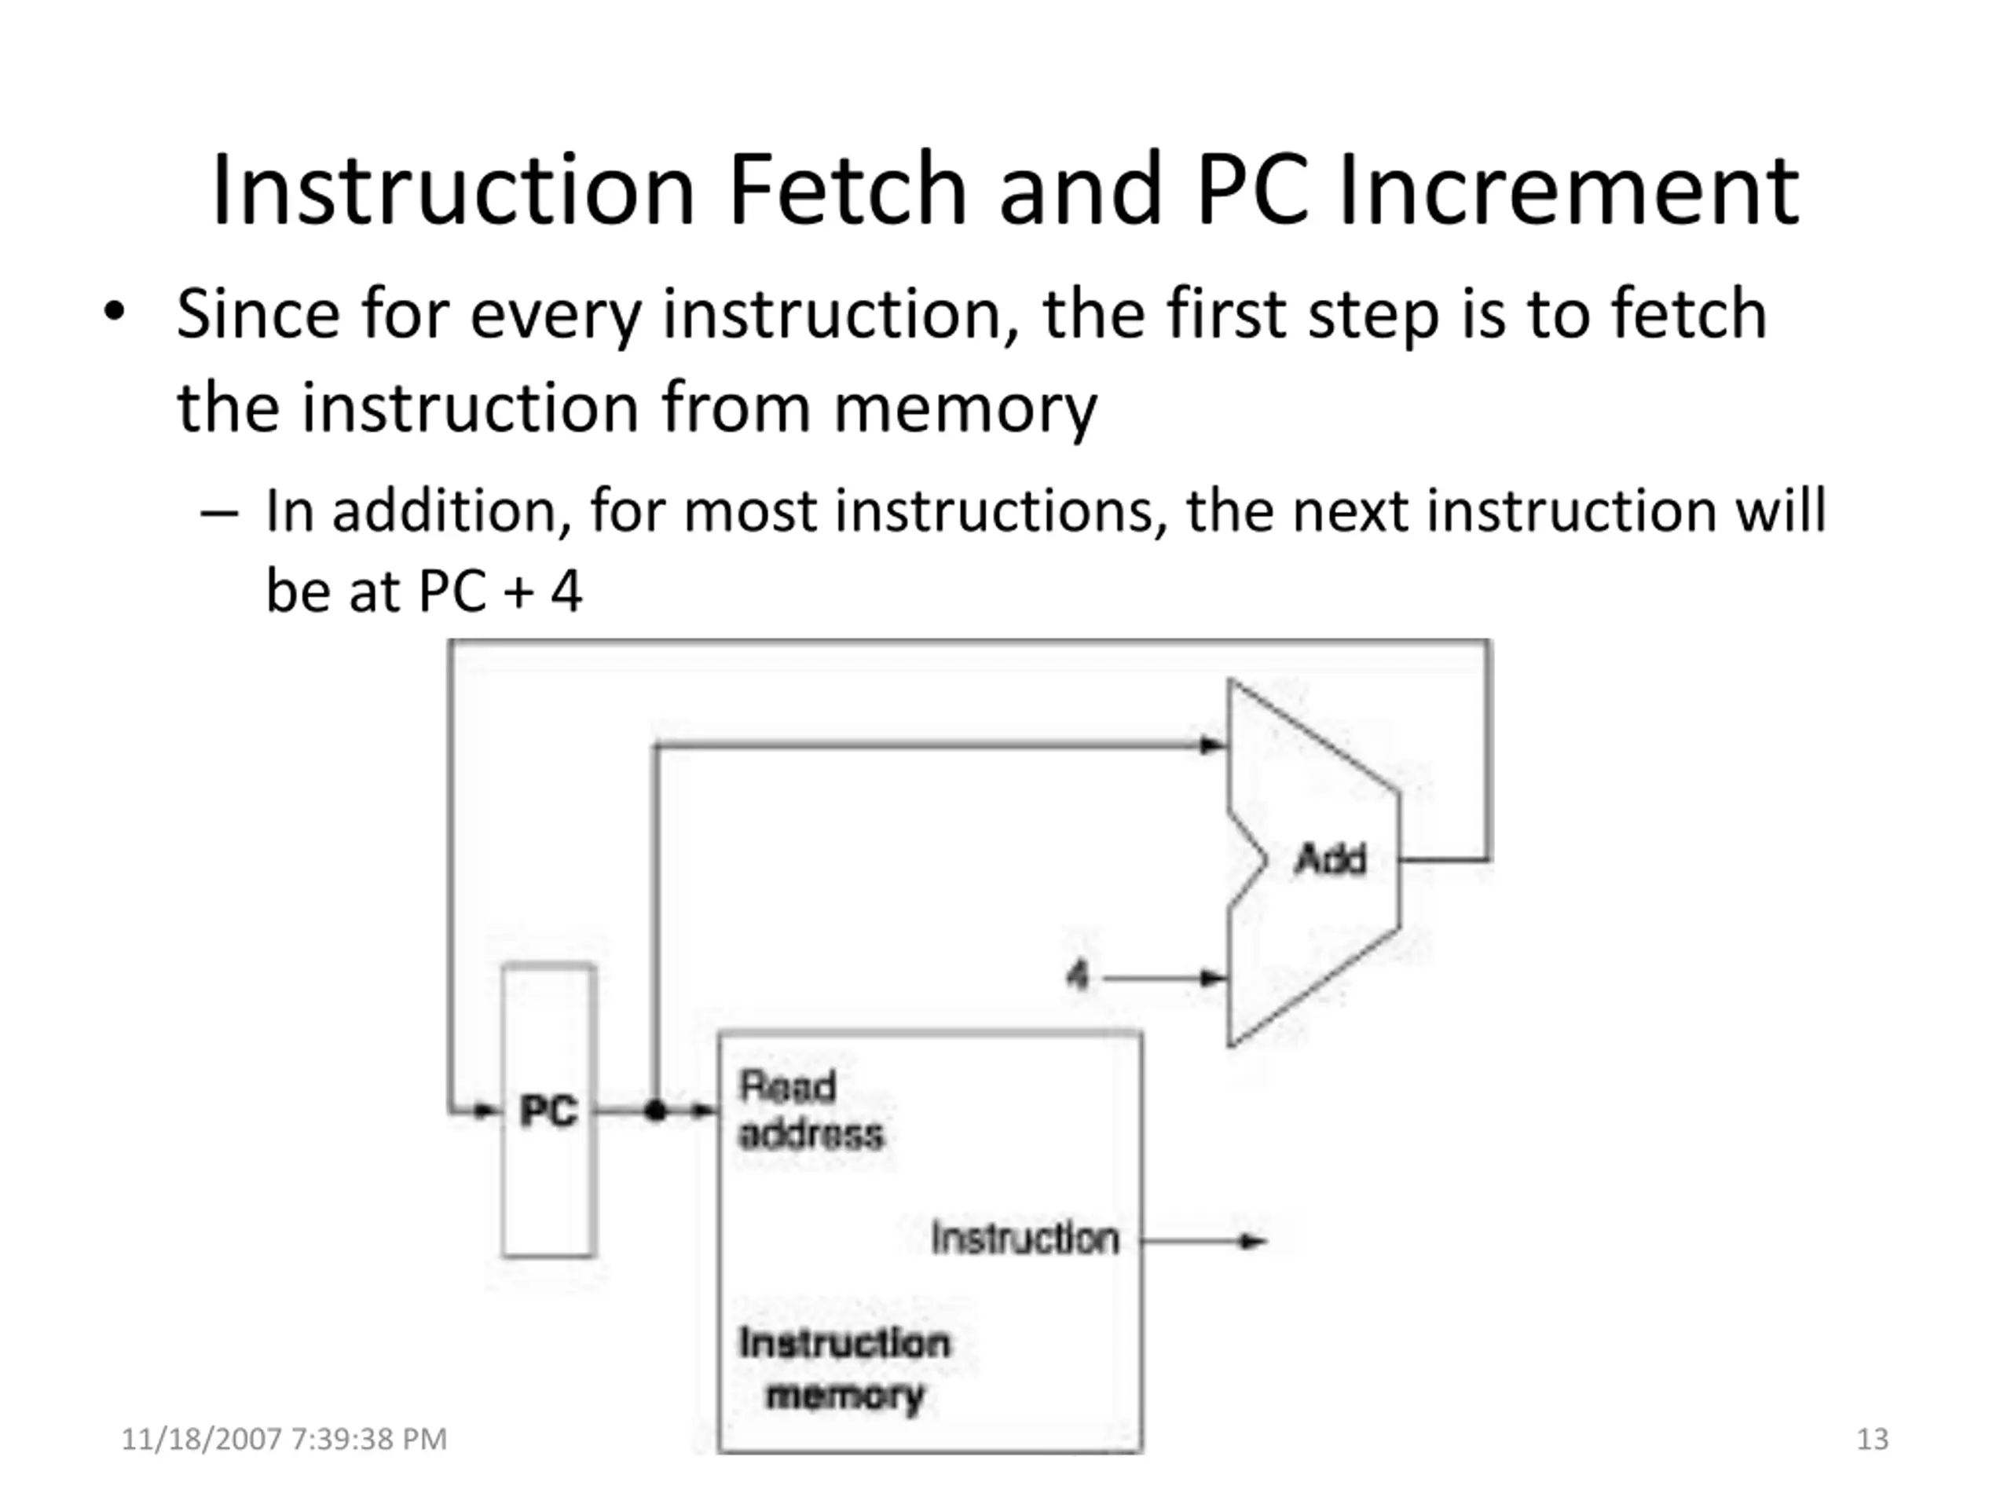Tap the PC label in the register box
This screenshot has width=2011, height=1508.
point(548,1110)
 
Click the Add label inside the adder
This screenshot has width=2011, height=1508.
point(1329,859)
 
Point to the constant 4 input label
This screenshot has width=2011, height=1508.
point(1077,976)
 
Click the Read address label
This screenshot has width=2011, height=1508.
point(809,1110)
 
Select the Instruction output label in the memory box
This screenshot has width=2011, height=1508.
point(1024,1238)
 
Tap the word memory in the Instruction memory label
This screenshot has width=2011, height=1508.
point(844,1395)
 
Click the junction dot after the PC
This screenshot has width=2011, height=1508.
point(655,1110)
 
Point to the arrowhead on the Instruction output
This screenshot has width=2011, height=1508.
point(1254,1241)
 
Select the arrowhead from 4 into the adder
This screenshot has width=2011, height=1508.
point(1213,978)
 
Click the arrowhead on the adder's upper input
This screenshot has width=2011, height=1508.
point(1213,745)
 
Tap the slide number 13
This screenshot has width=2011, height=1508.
point(1872,1439)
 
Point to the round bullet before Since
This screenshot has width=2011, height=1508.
point(114,312)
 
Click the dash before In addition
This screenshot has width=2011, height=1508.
point(219,514)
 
